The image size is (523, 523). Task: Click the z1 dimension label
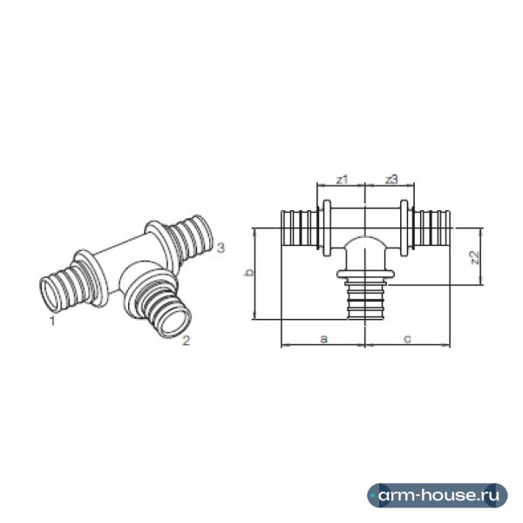(x=342, y=180)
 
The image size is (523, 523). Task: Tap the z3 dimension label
(x=392, y=180)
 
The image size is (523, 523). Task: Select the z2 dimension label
(x=474, y=257)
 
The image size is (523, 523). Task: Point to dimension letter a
(x=323, y=339)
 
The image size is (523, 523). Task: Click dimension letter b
(x=248, y=273)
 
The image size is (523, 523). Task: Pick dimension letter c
(x=407, y=339)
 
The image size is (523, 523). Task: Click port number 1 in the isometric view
(x=52, y=321)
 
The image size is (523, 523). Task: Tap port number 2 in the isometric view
(x=186, y=341)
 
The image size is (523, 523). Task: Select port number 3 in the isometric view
(x=221, y=248)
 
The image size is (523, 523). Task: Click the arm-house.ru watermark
(x=438, y=495)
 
